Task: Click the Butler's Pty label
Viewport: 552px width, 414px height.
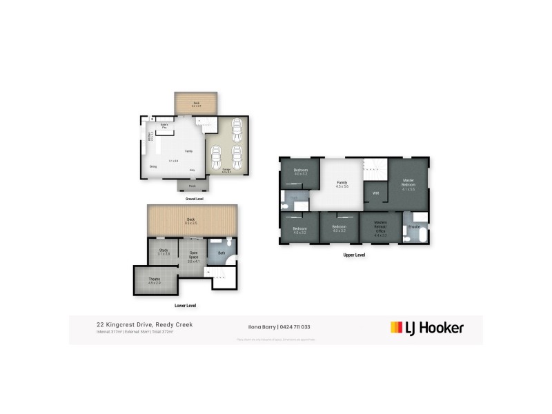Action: [164, 126]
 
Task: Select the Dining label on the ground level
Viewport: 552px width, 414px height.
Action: [152, 166]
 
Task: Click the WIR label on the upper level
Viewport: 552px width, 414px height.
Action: [375, 193]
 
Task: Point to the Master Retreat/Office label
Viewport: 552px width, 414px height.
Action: [379, 228]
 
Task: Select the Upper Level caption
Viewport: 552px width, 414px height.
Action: [354, 255]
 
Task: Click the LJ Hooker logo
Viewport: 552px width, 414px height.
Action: [427, 328]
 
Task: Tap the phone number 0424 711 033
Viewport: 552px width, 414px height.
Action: [302, 327]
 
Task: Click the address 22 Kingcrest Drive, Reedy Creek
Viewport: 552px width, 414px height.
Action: [144, 324]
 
